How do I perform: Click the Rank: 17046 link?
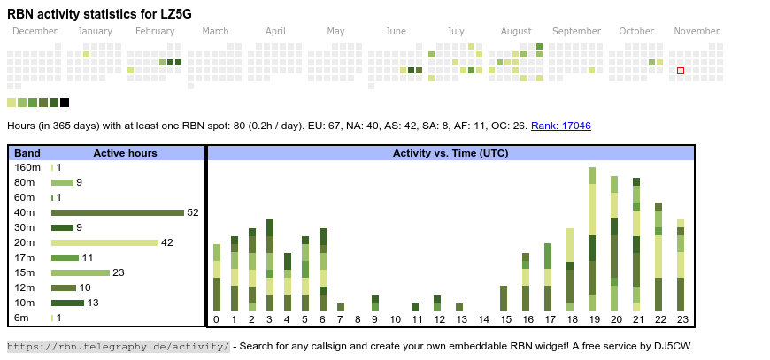pyautogui.click(x=561, y=126)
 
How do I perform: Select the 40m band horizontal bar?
pyautogui.click(x=117, y=212)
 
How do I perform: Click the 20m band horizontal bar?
pyautogui.click(x=104, y=242)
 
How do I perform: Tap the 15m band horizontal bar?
pyautogui.click(x=80, y=272)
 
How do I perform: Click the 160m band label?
pyautogui.click(x=27, y=167)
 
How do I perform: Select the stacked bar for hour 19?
pyautogui.click(x=592, y=239)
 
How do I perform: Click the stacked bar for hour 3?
pyautogui.click(x=269, y=265)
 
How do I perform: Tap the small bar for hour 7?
pyautogui.click(x=340, y=308)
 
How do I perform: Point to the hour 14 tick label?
pyautogui.click(x=483, y=319)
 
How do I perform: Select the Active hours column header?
pyautogui.click(x=125, y=153)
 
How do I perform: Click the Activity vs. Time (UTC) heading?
pyautogui.click(x=450, y=153)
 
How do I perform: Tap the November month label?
pyautogui.click(x=697, y=32)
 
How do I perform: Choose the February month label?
pyautogui.click(x=155, y=32)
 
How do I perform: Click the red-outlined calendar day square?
pyautogui.click(x=681, y=71)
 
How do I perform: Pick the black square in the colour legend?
pyautogui.click(x=65, y=103)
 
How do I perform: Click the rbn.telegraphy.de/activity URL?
pyautogui.click(x=119, y=346)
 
